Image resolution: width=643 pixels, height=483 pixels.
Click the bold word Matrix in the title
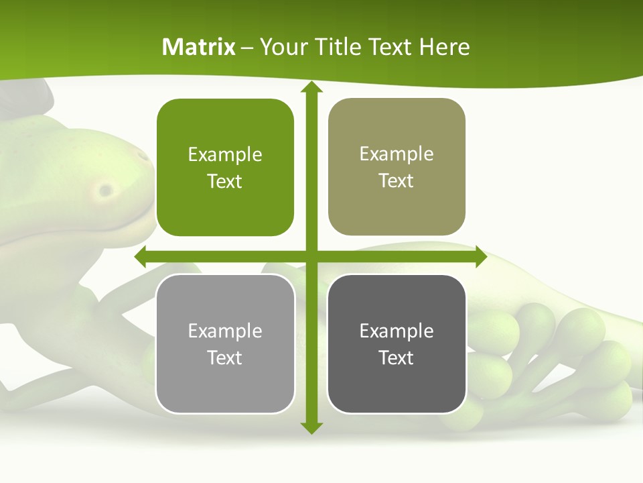tap(199, 47)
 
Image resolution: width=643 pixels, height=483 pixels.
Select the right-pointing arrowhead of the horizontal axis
tap(480, 256)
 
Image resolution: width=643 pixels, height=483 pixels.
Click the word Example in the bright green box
tap(225, 155)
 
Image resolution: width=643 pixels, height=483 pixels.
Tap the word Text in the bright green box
tap(225, 181)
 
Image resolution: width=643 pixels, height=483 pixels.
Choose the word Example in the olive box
tap(397, 154)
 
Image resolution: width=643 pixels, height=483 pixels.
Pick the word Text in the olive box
tap(397, 180)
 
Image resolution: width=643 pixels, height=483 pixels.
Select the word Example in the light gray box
tap(225, 331)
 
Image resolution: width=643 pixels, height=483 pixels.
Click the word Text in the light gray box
tap(225, 358)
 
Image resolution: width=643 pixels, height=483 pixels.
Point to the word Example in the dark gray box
tap(397, 331)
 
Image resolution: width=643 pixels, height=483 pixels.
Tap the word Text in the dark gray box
tap(397, 358)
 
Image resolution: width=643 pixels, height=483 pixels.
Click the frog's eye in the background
tap(105, 191)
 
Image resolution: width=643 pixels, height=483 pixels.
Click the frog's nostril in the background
tap(143, 156)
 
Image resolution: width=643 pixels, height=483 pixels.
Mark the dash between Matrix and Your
tap(248, 48)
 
